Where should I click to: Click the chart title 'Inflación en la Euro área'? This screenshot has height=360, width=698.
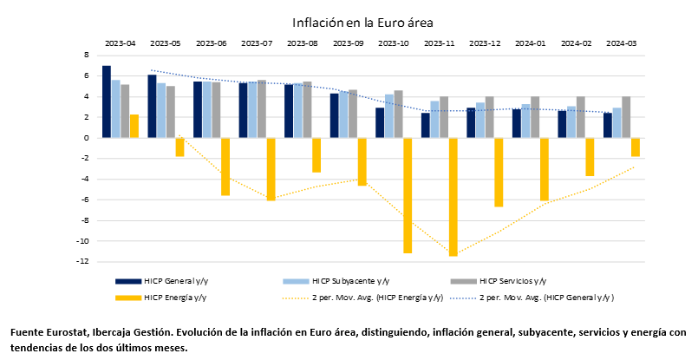362,22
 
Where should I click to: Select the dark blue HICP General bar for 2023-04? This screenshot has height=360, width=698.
107,101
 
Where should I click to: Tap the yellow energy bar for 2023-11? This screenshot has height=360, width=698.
453,197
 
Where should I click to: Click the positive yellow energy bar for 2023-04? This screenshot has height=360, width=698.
134,126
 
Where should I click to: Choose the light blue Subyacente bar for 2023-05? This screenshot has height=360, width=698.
161,110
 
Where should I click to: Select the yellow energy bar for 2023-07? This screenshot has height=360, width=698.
271,169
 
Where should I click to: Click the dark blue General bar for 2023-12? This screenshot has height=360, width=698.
471,122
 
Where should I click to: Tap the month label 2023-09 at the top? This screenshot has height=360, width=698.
348,43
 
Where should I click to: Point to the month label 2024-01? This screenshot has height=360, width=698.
530,43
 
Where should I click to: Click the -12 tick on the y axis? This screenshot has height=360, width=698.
85,261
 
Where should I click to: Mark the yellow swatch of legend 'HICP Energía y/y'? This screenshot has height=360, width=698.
128,298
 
